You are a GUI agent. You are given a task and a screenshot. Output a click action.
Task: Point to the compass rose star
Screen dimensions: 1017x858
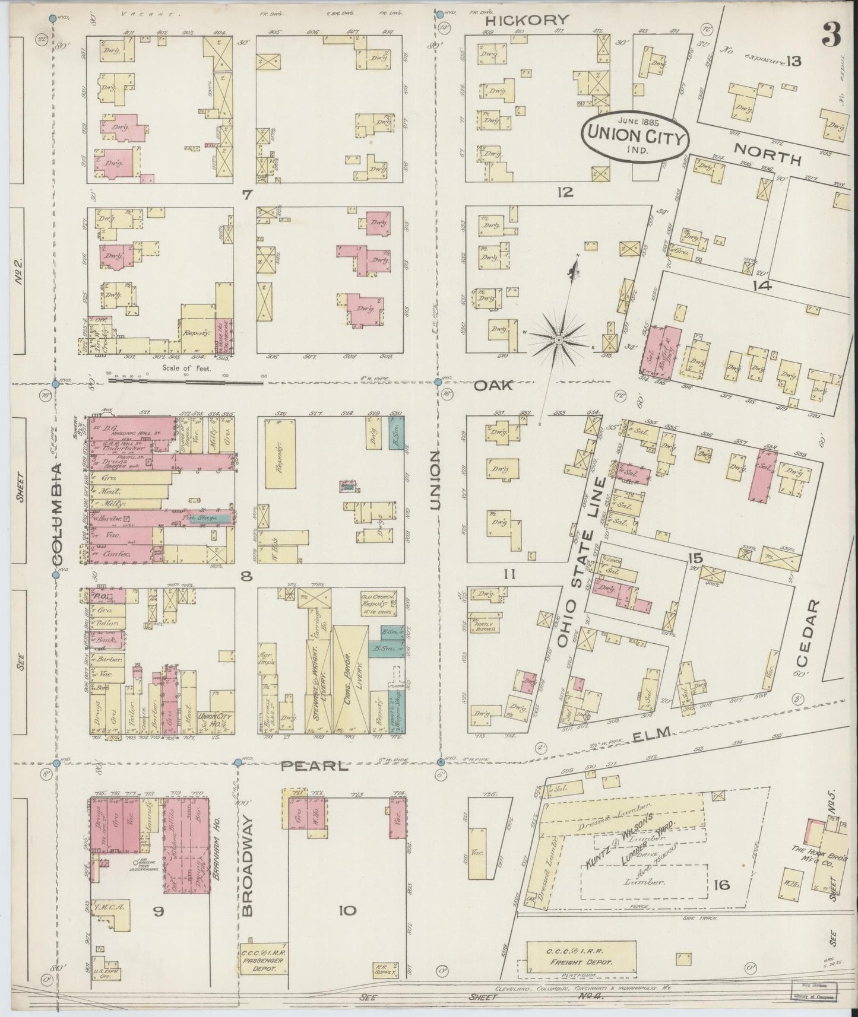(558, 339)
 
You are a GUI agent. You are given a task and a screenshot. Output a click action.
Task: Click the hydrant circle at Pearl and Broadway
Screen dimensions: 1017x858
(238, 762)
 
